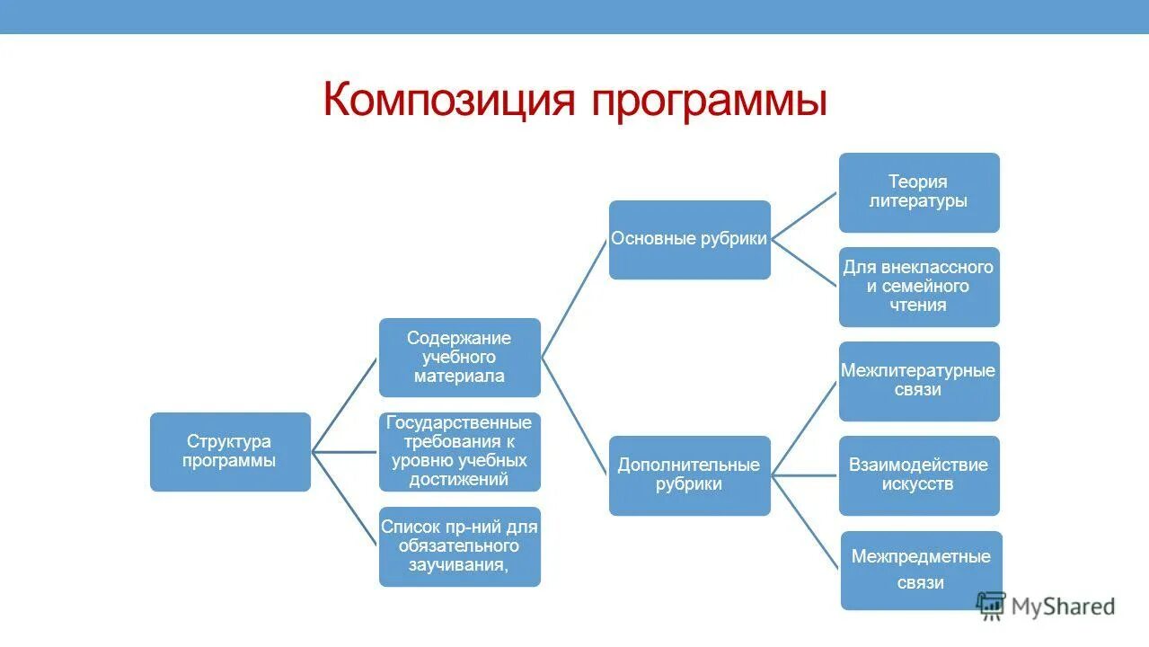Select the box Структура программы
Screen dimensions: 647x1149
point(230,452)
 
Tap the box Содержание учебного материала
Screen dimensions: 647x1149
point(459,358)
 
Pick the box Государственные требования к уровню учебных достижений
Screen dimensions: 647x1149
point(459,452)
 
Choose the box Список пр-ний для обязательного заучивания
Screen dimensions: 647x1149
point(459,546)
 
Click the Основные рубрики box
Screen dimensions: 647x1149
point(689,240)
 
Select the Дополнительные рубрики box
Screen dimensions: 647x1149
point(689,475)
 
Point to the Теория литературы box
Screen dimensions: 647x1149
point(918,192)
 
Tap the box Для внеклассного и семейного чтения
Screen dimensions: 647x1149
point(918,287)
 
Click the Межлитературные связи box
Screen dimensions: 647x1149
point(918,381)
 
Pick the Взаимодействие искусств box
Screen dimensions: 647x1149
point(918,475)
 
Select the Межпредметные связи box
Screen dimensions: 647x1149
point(921,570)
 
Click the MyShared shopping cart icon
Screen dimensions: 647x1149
point(991,605)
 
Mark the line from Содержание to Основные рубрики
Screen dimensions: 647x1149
point(575,298)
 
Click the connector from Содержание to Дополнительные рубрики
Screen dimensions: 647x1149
point(575,416)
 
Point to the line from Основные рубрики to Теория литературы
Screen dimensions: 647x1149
point(805,216)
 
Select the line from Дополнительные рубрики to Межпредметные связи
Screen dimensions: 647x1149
point(806,522)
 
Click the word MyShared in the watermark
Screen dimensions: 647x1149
point(1063,607)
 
